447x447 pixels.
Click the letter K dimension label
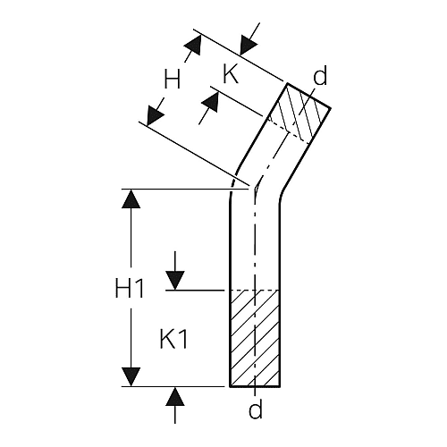coord(231,74)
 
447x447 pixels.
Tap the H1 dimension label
coord(130,289)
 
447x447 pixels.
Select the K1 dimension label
coord(173,341)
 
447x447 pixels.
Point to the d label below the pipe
coord(256,409)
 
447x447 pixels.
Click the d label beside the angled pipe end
coord(320,75)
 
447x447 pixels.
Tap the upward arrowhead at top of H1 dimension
coord(131,198)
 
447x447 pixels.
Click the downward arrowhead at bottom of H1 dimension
coord(131,377)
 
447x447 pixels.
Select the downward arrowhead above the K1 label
coord(175,281)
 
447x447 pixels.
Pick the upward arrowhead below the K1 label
coord(175,396)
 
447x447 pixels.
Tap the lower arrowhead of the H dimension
coord(155,115)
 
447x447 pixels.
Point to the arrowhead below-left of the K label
coord(210,102)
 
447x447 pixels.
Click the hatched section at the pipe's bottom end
coord(255,338)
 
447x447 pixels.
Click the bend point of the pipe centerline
coord(256,189)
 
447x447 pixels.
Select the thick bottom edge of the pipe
coord(255,386)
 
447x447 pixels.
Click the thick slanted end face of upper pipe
coord(308,96)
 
